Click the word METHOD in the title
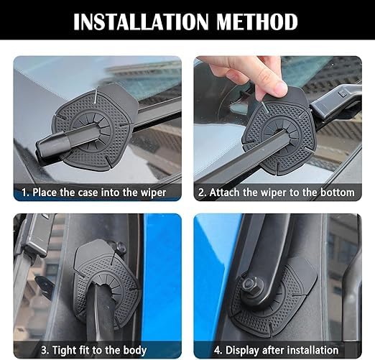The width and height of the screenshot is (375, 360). [x=256, y=22]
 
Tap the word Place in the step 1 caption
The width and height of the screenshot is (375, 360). [x=44, y=193]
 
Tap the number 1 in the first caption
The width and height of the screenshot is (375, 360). [x=24, y=193]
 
